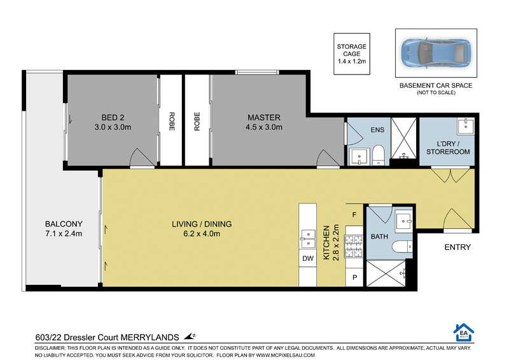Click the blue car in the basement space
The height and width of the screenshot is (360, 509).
(436, 53)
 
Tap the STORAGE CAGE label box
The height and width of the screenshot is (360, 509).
(352, 54)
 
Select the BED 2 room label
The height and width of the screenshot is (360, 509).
(113, 122)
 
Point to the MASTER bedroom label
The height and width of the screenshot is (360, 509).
(263, 122)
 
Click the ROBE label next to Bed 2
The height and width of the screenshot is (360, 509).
(171, 121)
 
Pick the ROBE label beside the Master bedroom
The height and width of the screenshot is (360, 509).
(197, 121)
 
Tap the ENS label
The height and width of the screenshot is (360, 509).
(377, 130)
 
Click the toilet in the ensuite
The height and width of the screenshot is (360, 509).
(377, 155)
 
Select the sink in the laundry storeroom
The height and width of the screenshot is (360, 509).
(466, 127)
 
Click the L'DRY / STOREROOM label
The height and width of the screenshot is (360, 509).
(448, 148)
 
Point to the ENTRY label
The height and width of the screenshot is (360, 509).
(457, 247)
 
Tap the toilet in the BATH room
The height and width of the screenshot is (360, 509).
(402, 247)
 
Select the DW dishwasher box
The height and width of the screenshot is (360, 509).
(308, 258)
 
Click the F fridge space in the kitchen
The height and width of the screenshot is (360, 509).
(354, 214)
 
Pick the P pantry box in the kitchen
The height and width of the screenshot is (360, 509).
(354, 277)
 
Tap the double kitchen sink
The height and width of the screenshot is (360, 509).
(308, 239)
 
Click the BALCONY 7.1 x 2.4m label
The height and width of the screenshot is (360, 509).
(64, 228)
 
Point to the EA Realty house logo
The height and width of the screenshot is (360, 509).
(464, 333)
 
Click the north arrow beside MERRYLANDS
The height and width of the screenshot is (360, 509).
(190, 336)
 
